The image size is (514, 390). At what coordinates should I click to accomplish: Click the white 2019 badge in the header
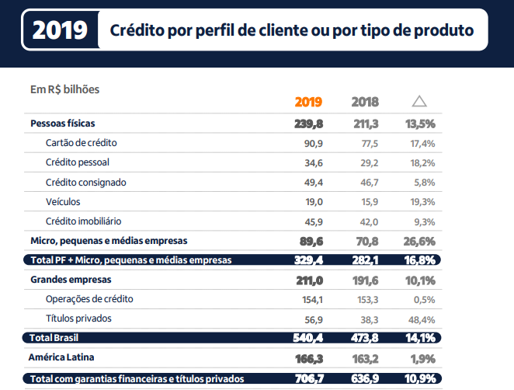click(60, 30)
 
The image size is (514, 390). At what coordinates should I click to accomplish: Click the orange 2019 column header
click(308, 102)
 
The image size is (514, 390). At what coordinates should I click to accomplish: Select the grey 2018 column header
click(365, 102)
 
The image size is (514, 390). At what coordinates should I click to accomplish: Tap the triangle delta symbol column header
click(419, 101)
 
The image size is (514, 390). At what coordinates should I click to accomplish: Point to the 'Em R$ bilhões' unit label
click(64, 89)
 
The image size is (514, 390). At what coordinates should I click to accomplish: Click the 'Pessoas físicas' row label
click(63, 124)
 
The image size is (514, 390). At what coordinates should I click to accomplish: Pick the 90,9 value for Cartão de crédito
click(313, 143)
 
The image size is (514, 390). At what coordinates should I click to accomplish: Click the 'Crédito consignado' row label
click(85, 182)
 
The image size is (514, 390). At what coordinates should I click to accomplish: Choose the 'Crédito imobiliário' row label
click(83, 221)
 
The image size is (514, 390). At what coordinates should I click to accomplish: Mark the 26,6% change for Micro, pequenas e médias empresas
click(420, 241)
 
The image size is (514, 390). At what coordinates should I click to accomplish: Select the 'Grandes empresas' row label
click(71, 279)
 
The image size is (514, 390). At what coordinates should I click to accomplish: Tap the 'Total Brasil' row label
click(55, 338)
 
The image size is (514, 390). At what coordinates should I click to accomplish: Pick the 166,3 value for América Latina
click(309, 358)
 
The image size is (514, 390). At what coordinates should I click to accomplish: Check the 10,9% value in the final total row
click(420, 378)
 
